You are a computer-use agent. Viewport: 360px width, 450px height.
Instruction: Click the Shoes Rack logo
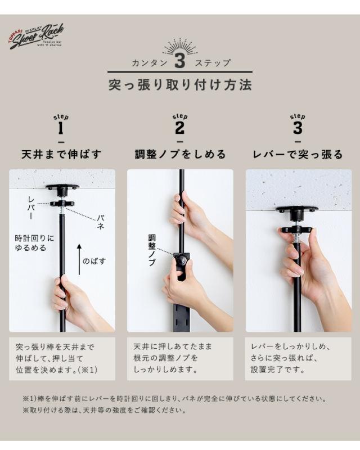coord(36,36)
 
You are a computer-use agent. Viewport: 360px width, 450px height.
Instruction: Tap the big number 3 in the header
coord(179,61)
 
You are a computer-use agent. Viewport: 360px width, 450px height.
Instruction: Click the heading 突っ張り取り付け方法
coord(180,85)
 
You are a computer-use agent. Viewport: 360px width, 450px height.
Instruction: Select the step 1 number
coord(61,128)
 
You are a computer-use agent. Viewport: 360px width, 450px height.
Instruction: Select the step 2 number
coord(179,128)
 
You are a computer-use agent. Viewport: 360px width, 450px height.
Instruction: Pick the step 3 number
coord(298,128)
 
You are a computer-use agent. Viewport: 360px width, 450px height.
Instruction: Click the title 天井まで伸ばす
coord(61,154)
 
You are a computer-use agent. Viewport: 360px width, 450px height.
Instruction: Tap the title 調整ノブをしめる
coord(180,154)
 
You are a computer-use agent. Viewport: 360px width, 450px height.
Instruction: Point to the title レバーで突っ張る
coord(298,154)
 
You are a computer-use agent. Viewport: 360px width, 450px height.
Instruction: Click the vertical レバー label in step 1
coord(31,208)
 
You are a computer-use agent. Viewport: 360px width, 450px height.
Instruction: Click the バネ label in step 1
coord(100,222)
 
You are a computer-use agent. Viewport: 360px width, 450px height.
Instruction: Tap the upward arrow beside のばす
coord(79,259)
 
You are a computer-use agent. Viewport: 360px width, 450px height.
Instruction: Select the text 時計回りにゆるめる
coord(34,243)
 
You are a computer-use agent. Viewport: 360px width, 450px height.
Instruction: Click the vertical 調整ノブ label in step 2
coord(152,250)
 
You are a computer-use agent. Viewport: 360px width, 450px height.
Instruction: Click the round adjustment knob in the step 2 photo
coord(182,260)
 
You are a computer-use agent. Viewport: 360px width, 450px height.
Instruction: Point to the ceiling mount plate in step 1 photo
coord(62,188)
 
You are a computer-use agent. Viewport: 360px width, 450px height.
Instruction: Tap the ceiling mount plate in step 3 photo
coord(297,209)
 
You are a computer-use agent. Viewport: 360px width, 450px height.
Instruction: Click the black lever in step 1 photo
coord(62,204)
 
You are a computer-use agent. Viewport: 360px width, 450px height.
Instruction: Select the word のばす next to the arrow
coord(94,261)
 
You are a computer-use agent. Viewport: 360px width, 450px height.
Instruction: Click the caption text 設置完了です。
coord(278,370)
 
